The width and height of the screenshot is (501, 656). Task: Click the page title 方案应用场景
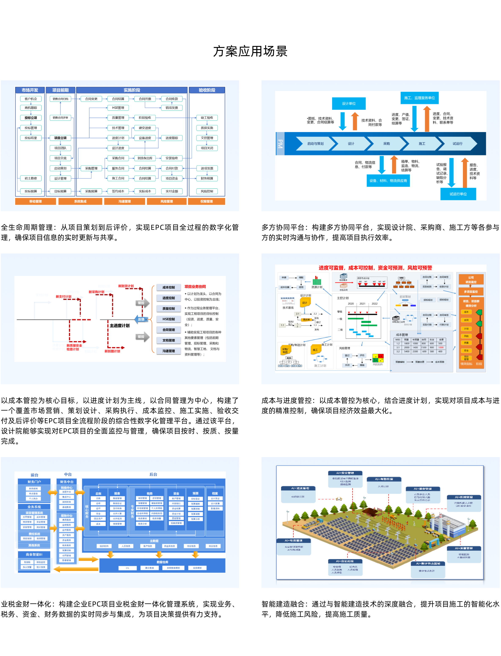250,51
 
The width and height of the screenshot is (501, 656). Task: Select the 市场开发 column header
30,90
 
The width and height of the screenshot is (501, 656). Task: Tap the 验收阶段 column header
207,90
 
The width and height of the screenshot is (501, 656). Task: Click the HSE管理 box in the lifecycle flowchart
118,108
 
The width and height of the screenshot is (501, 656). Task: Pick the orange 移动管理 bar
36,201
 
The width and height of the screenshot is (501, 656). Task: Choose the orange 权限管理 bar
206,201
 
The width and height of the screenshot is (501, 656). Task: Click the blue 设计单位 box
349,103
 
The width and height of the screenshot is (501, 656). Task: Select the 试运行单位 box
458,194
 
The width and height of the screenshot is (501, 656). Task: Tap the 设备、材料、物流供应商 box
388,181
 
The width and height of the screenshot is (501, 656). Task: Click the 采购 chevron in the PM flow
387,144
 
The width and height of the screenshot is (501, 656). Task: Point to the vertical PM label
280,144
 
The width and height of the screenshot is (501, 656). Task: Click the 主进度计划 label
120,325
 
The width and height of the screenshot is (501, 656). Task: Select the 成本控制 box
168,287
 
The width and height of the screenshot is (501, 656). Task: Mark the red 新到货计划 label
126,286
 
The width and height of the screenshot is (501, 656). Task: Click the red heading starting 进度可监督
375,268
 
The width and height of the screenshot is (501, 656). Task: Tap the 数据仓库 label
162,562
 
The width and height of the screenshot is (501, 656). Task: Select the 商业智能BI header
34,554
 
